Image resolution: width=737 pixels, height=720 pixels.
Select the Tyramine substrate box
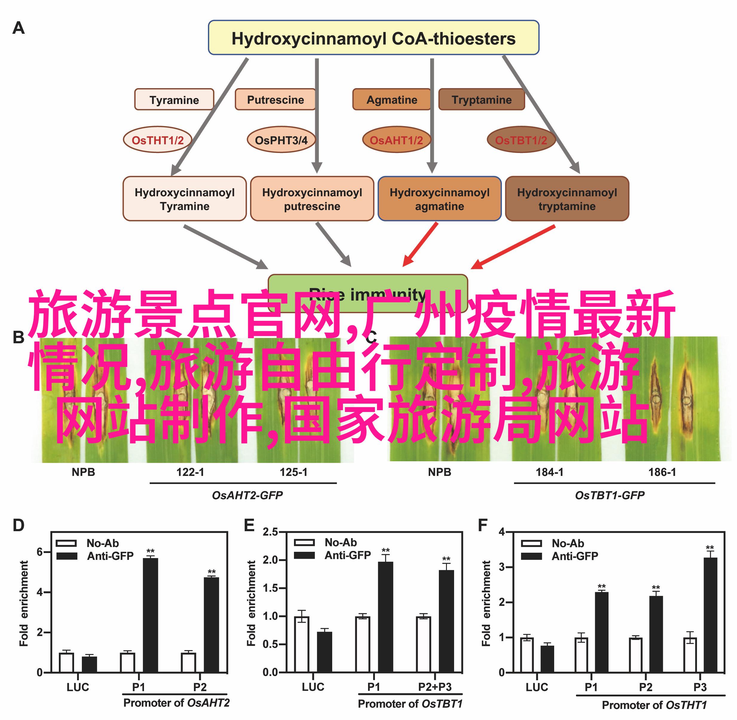[174, 99]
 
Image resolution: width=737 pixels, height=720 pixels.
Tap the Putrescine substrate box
[275, 99]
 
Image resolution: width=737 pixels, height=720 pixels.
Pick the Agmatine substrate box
[392, 99]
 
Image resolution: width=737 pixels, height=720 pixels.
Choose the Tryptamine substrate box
[481, 99]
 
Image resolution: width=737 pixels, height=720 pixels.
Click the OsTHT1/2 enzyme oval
[157, 140]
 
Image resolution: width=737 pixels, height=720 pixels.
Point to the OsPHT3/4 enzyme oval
[281, 140]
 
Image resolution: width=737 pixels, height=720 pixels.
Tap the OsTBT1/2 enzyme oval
[521, 140]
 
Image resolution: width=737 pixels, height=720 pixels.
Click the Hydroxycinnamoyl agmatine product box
[439, 199]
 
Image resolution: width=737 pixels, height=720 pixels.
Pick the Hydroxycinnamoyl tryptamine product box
[567, 199]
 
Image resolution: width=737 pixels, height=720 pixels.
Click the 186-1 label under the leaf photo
[662, 472]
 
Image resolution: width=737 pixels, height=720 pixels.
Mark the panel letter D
[19, 526]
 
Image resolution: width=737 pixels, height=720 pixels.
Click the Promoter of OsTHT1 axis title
[654, 705]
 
